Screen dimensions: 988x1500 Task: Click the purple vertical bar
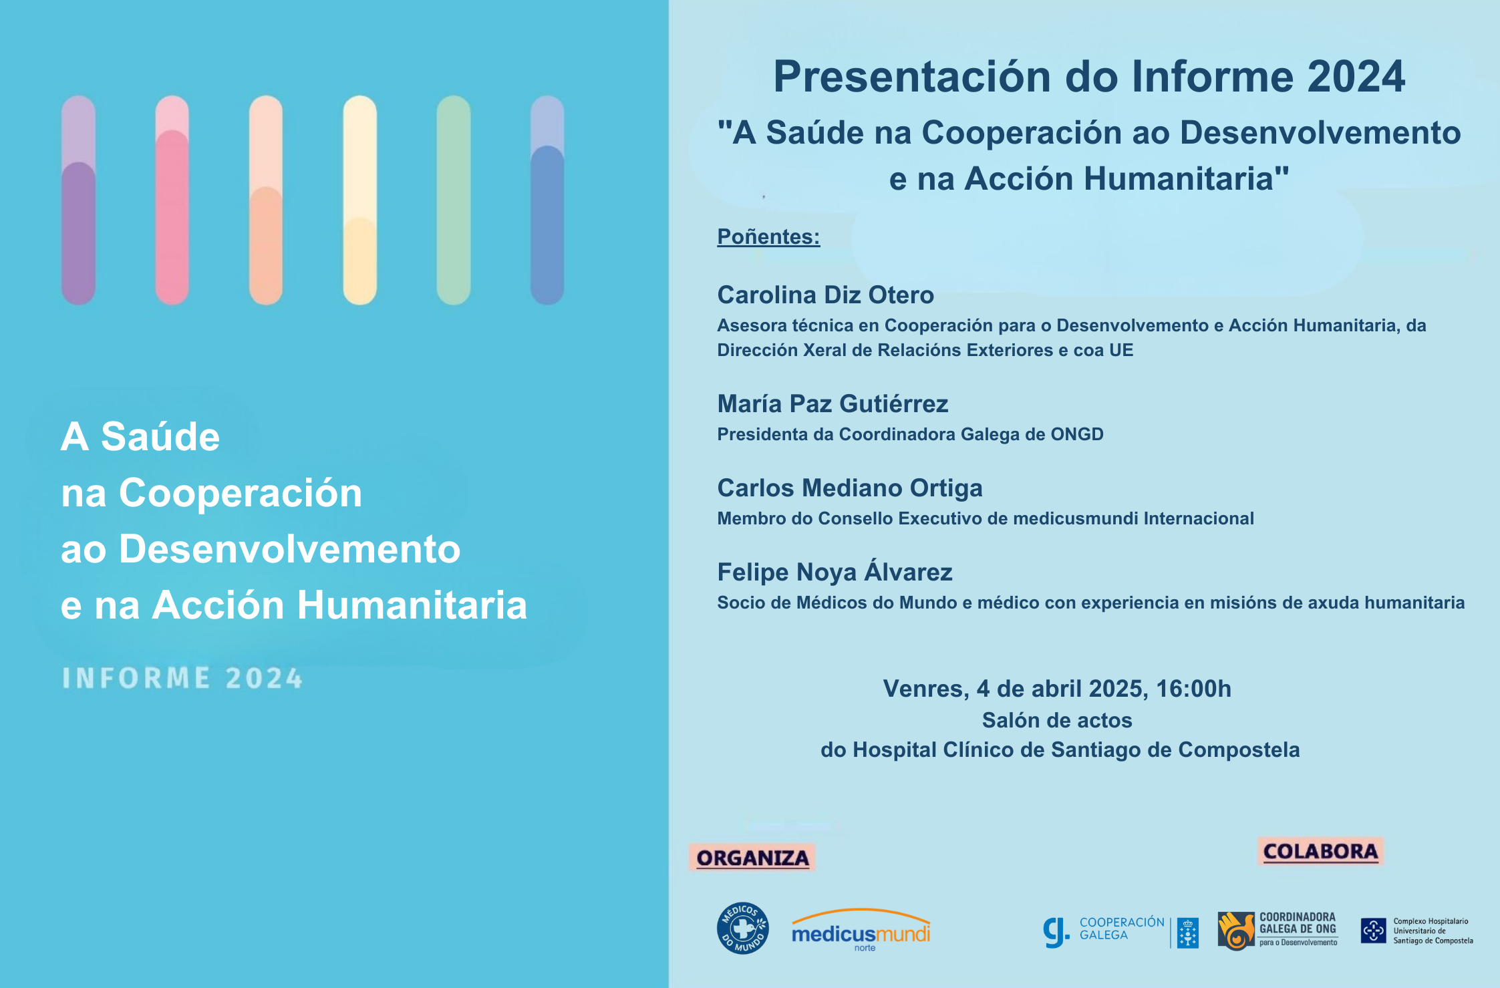point(78,200)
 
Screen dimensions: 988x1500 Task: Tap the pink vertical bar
point(172,200)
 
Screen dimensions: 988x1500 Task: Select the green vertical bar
point(454,200)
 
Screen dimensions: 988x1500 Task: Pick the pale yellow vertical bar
point(359,200)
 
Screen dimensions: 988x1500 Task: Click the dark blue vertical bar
point(547,200)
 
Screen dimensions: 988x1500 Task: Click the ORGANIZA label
point(752,858)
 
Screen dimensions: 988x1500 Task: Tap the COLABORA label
point(1320,851)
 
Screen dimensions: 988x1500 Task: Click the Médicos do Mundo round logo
point(742,928)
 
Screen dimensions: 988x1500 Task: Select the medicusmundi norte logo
point(861,931)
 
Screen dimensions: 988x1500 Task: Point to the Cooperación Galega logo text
point(1121,929)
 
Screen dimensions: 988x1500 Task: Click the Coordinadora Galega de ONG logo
point(1278,930)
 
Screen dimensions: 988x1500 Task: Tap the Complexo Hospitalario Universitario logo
point(1416,931)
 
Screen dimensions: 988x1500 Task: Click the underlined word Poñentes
point(768,236)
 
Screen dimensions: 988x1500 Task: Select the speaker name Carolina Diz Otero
point(825,295)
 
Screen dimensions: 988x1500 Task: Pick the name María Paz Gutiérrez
point(833,403)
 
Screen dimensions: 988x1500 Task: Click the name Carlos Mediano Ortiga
point(849,488)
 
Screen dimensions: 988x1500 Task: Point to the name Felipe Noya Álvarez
point(835,572)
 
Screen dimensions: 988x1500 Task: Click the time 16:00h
point(1193,689)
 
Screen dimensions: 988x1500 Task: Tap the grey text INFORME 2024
point(182,678)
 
